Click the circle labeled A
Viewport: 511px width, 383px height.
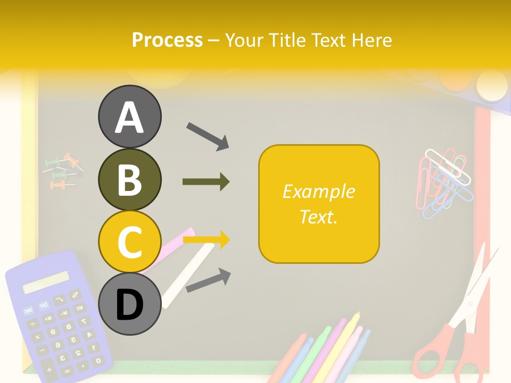(129, 116)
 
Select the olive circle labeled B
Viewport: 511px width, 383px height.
(129, 179)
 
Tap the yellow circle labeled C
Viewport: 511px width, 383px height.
(129, 242)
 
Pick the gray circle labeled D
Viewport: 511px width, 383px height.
(129, 304)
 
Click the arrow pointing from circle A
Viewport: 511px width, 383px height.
(208, 135)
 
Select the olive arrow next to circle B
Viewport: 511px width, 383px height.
(206, 182)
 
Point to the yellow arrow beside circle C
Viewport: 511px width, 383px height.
(207, 240)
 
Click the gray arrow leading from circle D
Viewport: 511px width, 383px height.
(208, 280)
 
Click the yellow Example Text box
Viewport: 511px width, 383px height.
(319, 204)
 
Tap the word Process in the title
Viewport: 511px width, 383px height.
(167, 40)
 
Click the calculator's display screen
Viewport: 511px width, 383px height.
(46, 282)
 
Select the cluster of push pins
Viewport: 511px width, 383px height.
(63, 171)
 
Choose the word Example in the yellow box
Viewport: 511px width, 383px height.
(318, 191)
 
